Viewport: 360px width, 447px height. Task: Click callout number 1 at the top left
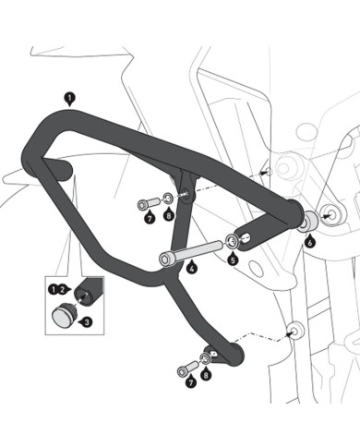click(x=69, y=96)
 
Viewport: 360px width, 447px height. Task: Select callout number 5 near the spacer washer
click(x=233, y=261)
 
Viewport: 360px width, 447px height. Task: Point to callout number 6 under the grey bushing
click(x=310, y=242)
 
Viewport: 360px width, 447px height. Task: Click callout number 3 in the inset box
click(x=87, y=322)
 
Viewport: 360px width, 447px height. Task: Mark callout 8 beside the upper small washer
click(x=169, y=216)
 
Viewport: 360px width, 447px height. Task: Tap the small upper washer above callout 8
click(x=169, y=199)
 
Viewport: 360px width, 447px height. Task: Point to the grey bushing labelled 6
click(x=308, y=222)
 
